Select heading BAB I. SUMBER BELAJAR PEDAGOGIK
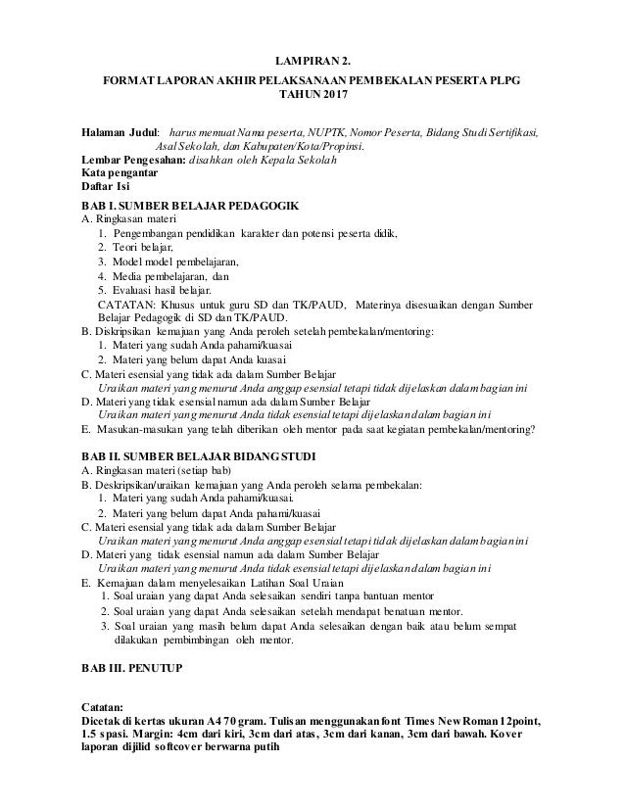pyautogui.click(x=191, y=206)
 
